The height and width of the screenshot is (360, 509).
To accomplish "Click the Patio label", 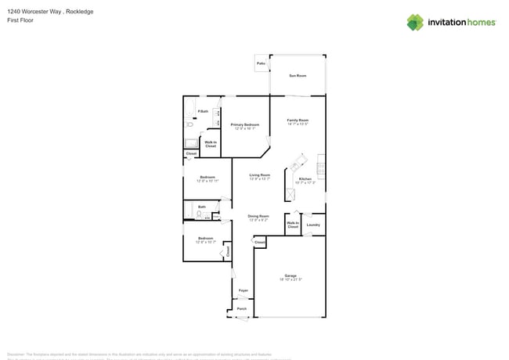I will pos(261,63).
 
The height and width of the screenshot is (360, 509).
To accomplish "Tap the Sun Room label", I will pos(298,76).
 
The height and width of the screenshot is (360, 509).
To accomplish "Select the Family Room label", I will pos(298,120).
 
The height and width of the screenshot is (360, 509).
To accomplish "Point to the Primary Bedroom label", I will pos(245,124).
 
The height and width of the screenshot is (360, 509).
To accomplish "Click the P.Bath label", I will pos(203,111).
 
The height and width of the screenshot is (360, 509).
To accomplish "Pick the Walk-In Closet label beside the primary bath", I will pos(211,144).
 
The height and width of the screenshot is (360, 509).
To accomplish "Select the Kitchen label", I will pos(305,179).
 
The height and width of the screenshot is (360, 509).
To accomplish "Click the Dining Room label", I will pos(258,216).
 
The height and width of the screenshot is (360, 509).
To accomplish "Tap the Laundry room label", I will pos(313,225).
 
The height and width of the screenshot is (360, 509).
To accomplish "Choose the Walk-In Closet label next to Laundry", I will pos(293,225).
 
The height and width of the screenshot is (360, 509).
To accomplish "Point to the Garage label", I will pos(291,275).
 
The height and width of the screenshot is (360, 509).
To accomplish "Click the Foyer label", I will pos(244,290).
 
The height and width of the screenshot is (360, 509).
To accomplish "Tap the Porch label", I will pos(242,308).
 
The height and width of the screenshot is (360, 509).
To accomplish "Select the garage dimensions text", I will pos(291,279).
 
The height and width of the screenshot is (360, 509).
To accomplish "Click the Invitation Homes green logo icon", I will pos(415,22).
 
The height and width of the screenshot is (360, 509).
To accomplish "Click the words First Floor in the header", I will pos(20,21).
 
